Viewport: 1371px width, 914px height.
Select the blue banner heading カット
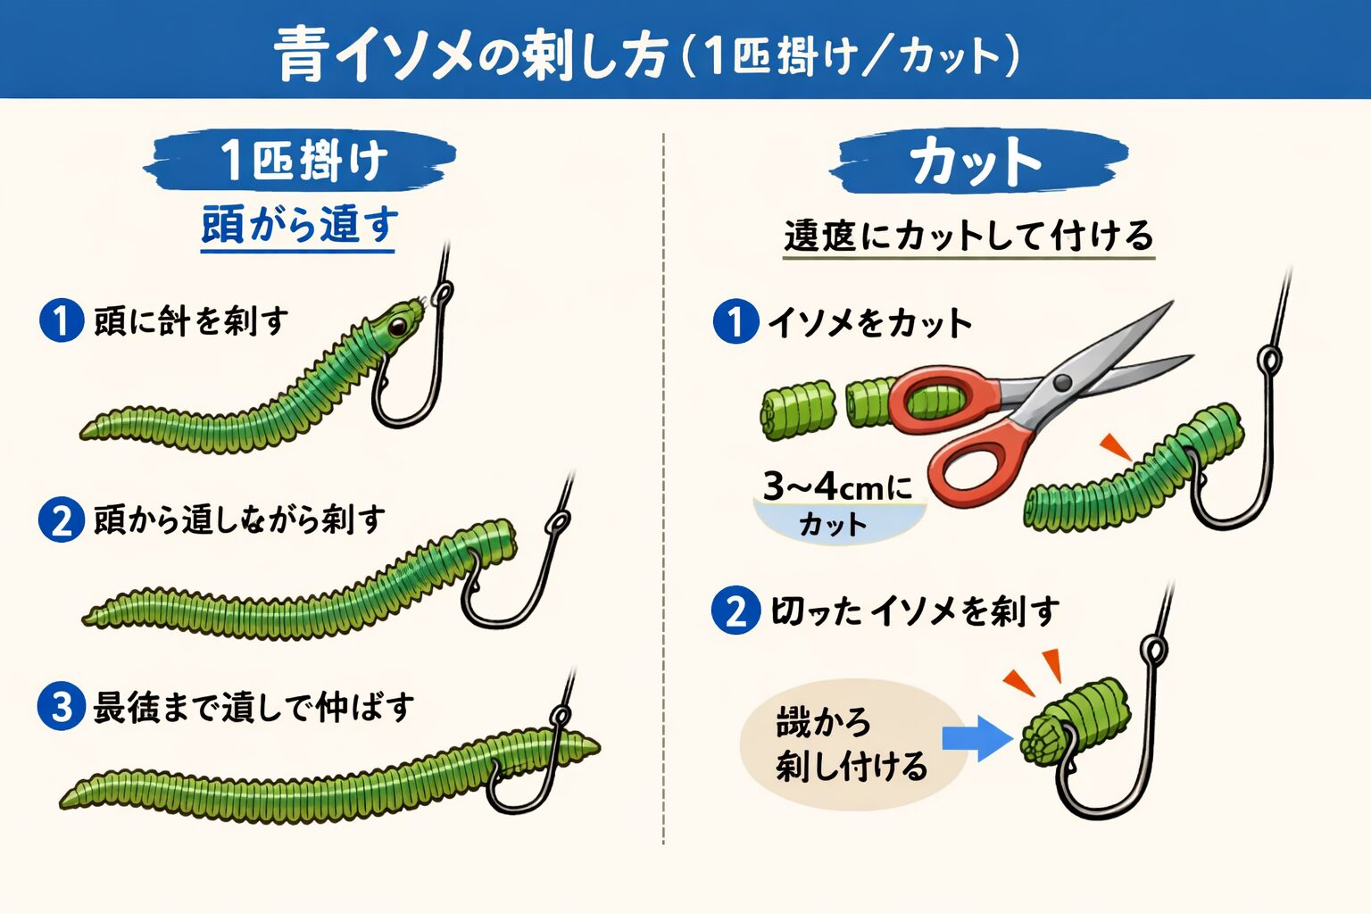[x=976, y=163]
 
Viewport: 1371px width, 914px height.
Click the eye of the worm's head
[x=396, y=326]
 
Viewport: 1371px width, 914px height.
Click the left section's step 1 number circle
[x=61, y=320]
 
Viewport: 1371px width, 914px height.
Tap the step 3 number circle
[x=61, y=707]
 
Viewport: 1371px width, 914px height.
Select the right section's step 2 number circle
[x=735, y=611]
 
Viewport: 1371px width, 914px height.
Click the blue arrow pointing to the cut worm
[x=976, y=739]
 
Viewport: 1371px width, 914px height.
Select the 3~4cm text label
[x=837, y=487]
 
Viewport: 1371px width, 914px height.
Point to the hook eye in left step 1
[x=442, y=293]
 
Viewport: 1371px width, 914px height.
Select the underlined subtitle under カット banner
[x=968, y=236]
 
